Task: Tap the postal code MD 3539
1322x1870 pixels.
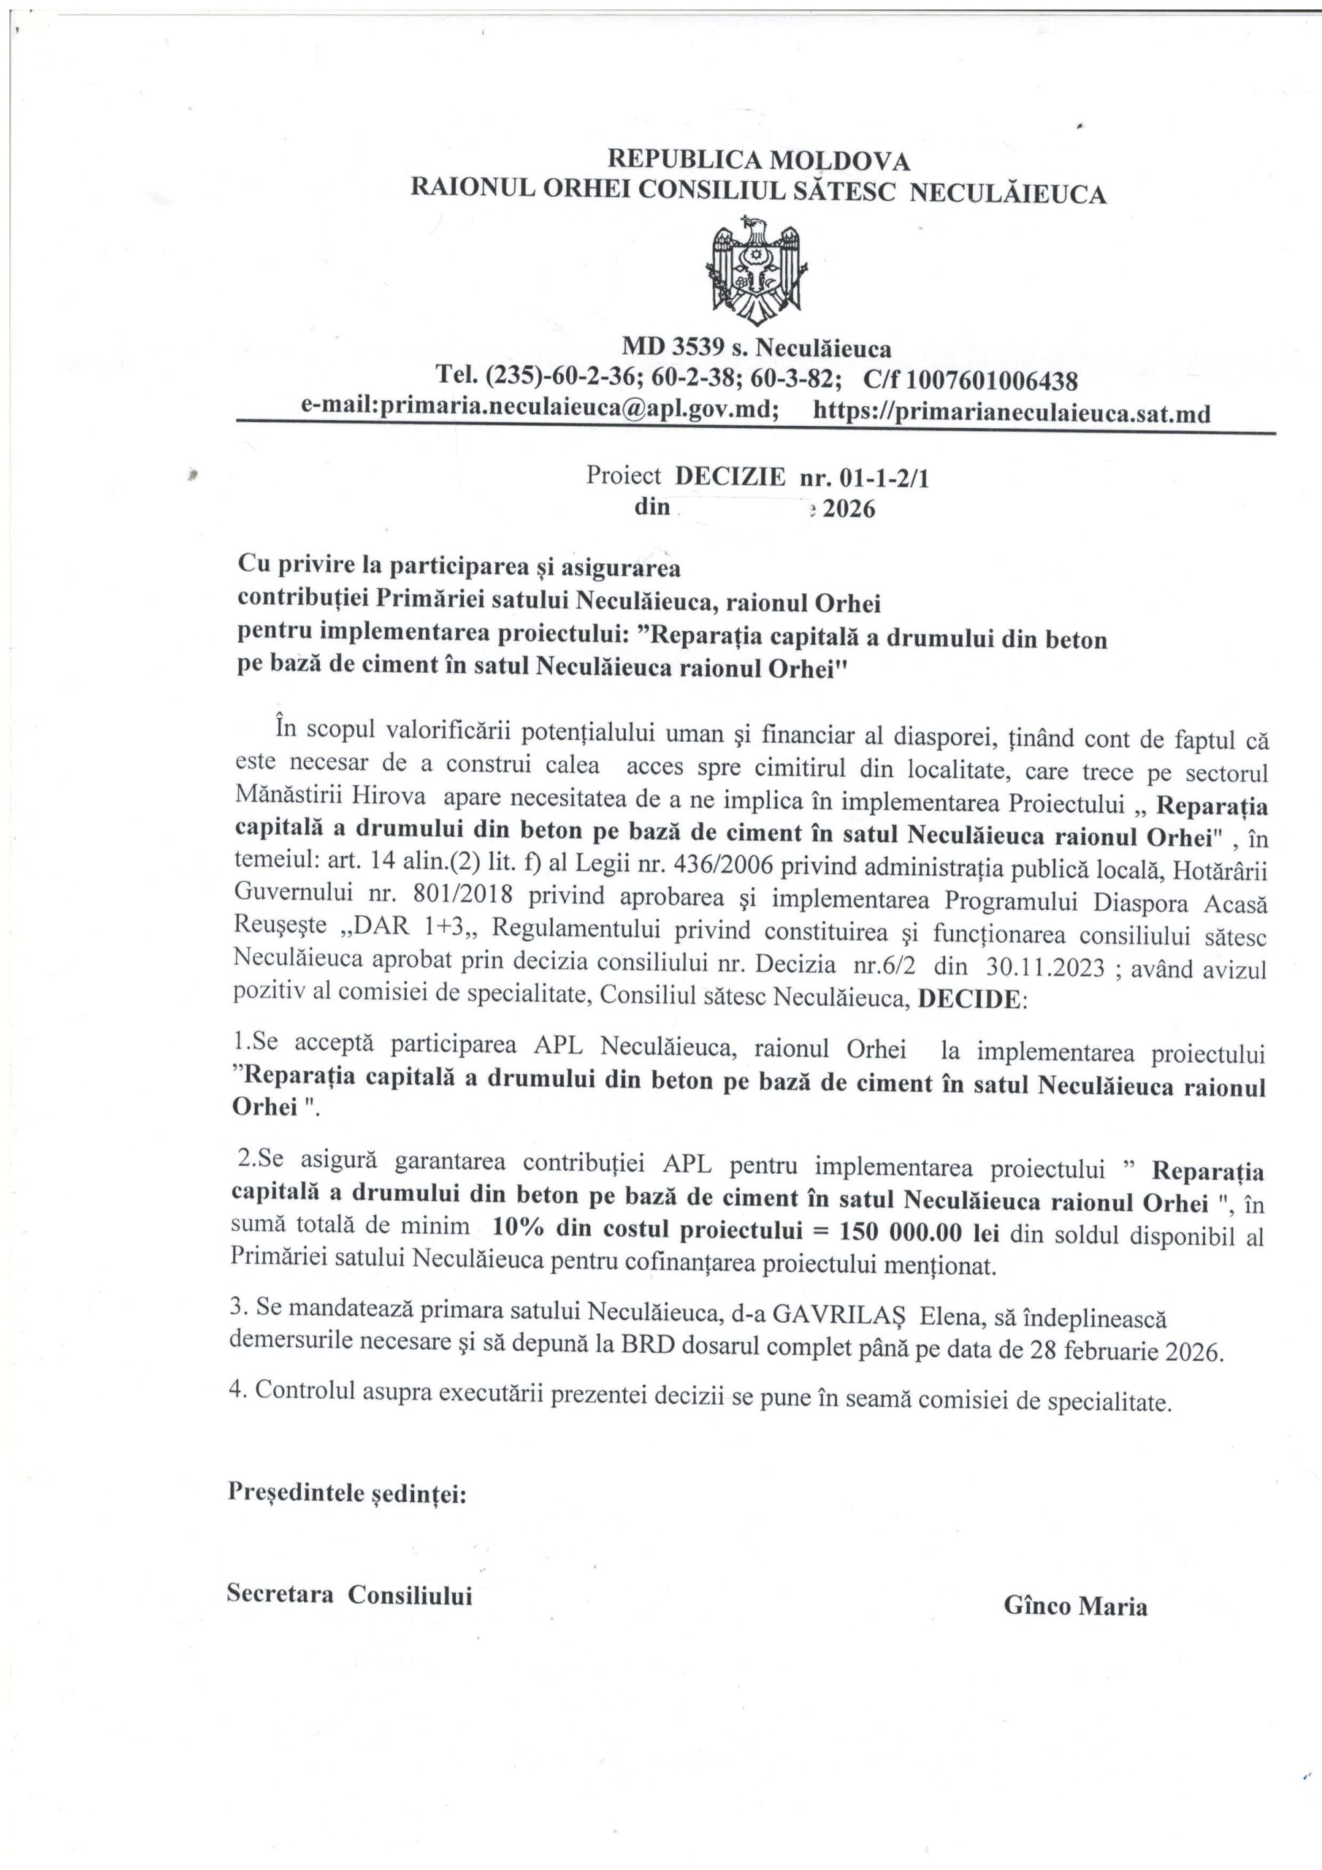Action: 673,348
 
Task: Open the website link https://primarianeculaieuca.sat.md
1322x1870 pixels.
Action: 1012,413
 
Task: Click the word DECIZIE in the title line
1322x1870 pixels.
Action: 730,476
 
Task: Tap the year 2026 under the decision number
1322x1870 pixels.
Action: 849,510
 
